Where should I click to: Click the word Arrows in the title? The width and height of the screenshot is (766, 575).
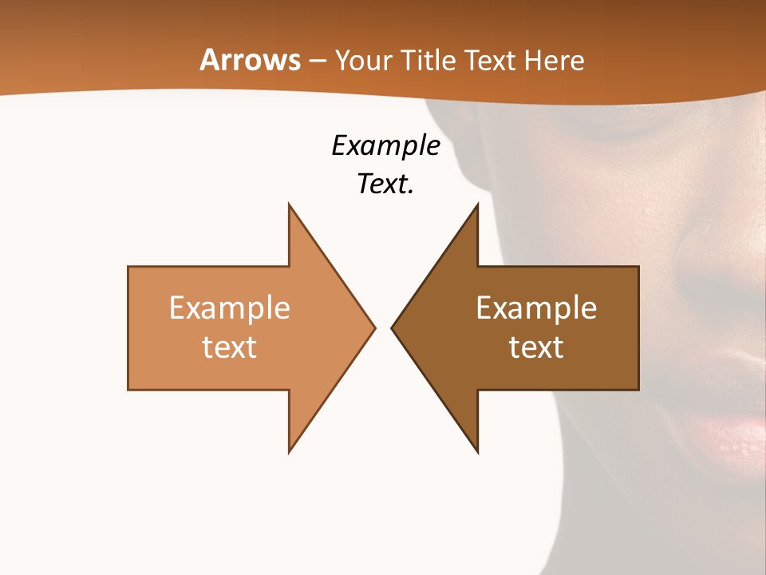[250, 60]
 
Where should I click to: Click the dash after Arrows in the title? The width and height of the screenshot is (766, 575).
[317, 61]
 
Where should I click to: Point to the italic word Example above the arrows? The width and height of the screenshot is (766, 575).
[385, 146]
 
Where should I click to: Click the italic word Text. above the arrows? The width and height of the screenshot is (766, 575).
[385, 184]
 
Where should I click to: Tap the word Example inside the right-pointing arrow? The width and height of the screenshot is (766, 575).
[230, 308]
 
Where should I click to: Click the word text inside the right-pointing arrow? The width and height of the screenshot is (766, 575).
[230, 347]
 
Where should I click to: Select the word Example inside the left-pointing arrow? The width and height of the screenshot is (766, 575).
[536, 308]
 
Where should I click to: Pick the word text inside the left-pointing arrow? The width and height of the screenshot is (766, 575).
[536, 347]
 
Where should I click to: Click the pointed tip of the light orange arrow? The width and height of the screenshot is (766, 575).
[373, 327]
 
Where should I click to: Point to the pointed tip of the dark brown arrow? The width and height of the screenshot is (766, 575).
[393, 327]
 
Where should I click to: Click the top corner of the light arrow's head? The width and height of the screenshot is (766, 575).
[290, 206]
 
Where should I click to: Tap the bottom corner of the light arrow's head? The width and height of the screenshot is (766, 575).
[290, 450]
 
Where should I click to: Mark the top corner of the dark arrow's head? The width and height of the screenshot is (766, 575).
[477, 206]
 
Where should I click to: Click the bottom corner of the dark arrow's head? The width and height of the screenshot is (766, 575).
[477, 450]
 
